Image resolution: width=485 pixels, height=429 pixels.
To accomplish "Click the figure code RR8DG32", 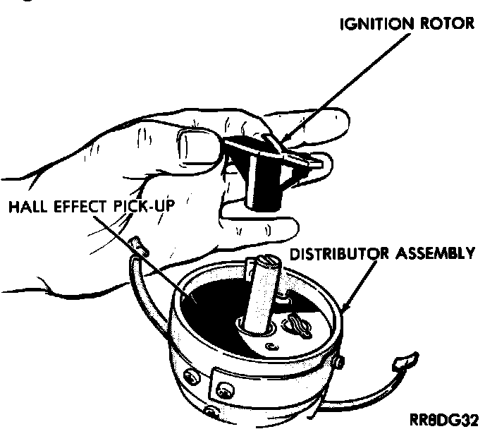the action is [x=448, y=417].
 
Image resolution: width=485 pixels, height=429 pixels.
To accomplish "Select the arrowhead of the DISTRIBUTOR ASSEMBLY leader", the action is [x=343, y=308].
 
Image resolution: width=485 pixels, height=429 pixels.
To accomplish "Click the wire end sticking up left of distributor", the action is [x=137, y=246].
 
